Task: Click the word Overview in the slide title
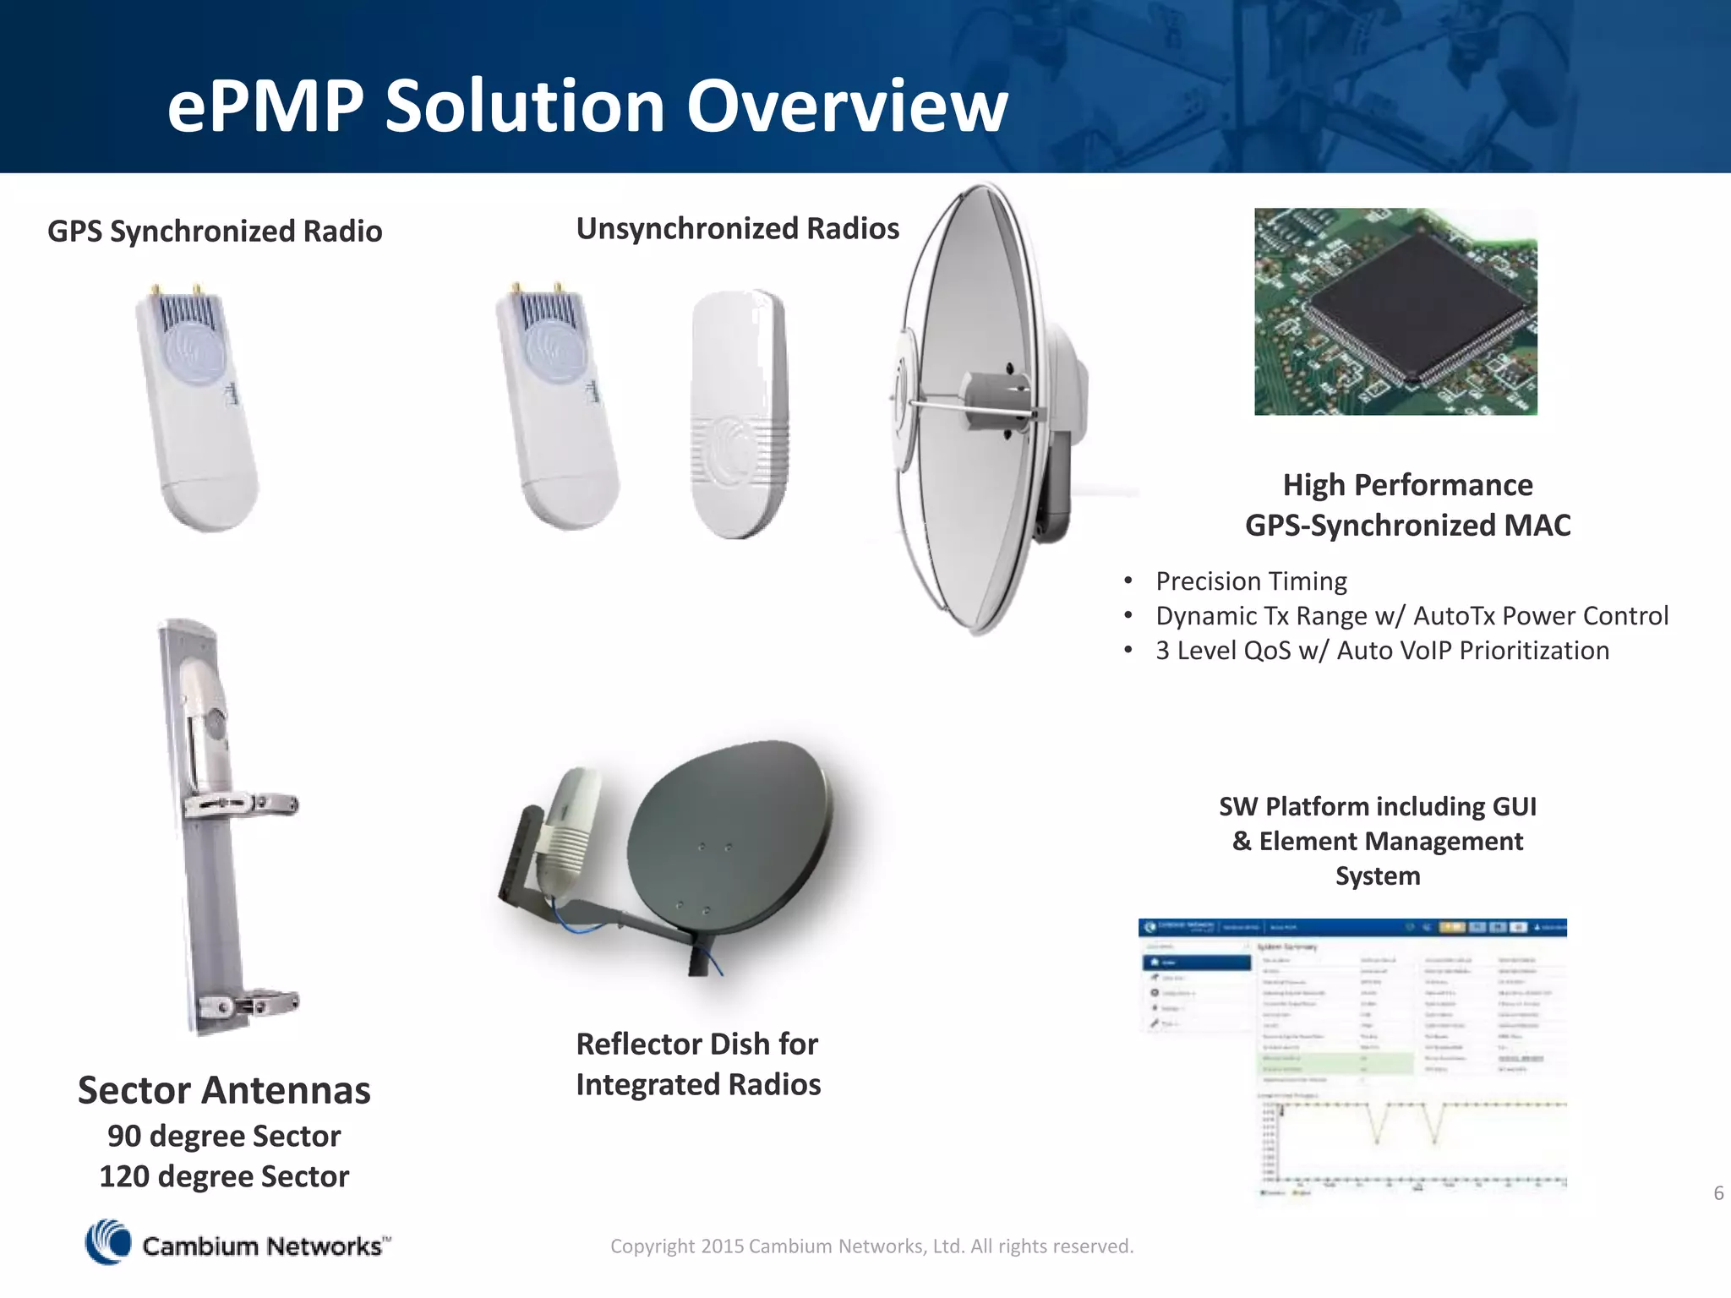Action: coord(847,106)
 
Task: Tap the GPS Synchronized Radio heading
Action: coord(215,231)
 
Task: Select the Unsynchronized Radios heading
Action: coord(737,228)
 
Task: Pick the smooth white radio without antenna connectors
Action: coord(739,414)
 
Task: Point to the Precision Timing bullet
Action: coord(1251,581)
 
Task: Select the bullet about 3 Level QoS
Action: coord(1382,651)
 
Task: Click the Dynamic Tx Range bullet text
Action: coord(1412,616)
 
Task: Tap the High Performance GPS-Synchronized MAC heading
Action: coord(1407,504)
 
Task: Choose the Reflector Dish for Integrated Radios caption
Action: coord(698,1064)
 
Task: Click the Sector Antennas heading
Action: coord(224,1090)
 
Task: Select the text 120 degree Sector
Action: coord(224,1176)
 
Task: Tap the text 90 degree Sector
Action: coord(224,1136)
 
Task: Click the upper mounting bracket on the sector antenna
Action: coord(241,805)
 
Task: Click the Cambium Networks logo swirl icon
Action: coord(108,1242)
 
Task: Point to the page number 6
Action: coord(1718,1193)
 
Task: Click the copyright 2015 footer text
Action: coord(871,1246)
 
